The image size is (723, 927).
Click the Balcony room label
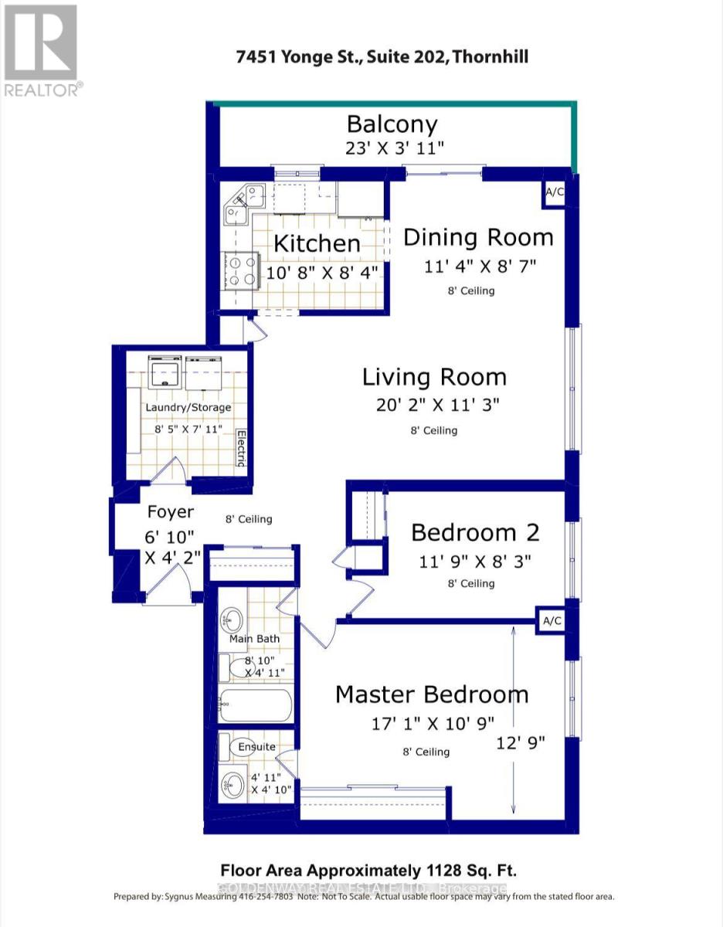[x=392, y=124]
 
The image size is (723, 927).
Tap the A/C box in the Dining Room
[x=555, y=194]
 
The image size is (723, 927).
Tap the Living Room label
[x=434, y=377]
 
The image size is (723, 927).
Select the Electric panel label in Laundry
[x=241, y=448]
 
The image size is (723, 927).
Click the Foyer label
[x=170, y=512]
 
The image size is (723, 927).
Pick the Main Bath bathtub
[x=256, y=705]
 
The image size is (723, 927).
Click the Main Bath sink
[x=231, y=619]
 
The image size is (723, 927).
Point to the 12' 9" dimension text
[x=521, y=743]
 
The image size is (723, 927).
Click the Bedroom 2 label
[x=474, y=532]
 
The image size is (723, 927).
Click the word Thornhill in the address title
[x=491, y=57]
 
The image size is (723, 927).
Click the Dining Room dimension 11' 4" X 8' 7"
[x=479, y=267]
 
